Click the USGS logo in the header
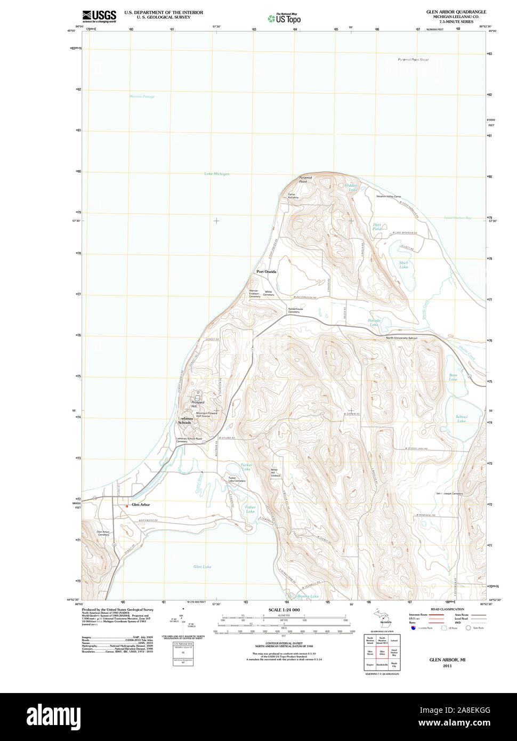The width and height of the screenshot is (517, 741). (99, 16)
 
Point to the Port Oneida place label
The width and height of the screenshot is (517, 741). (266, 272)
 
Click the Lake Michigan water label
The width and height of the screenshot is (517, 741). (216, 174)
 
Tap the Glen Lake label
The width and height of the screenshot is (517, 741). (202, 567)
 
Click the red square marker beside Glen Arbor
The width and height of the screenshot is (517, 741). (127, 505)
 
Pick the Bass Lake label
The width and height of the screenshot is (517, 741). (453, 377)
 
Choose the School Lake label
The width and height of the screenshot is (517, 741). (462, 419)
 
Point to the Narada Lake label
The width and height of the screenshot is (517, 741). (374, 322)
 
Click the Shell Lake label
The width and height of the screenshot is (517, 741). (403, 264)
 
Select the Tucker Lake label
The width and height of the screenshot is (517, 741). (246, 466)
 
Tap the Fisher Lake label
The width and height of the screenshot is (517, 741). (251, 509)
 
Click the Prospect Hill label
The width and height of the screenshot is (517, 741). (198, 404)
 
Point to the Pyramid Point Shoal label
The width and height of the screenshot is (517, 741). (413, 60)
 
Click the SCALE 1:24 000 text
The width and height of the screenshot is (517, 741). (284, 610)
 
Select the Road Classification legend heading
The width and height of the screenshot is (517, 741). (447, 609)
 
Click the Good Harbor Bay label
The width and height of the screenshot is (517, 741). (458, 218)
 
